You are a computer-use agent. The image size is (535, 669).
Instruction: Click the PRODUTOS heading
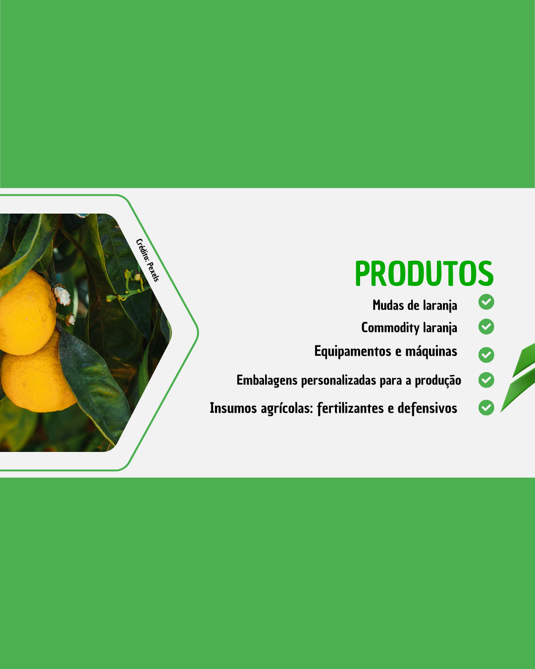(424, 273)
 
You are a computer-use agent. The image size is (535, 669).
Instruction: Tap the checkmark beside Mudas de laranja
(486, 302)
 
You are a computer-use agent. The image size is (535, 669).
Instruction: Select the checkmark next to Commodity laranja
(486, 327)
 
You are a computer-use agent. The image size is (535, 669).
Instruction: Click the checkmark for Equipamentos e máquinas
(486, 355)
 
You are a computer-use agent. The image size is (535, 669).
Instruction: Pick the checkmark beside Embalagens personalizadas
(486, 380)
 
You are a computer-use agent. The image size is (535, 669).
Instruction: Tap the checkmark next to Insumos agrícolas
(486, 407)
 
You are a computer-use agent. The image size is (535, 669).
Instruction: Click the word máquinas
(431, 352)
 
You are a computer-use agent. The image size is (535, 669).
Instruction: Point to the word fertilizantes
(350, 408)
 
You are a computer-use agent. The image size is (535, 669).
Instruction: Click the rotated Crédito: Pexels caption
(148, 260)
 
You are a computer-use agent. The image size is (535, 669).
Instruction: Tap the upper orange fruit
(26, 312)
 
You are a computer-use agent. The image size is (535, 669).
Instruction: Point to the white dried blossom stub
(62, 295)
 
